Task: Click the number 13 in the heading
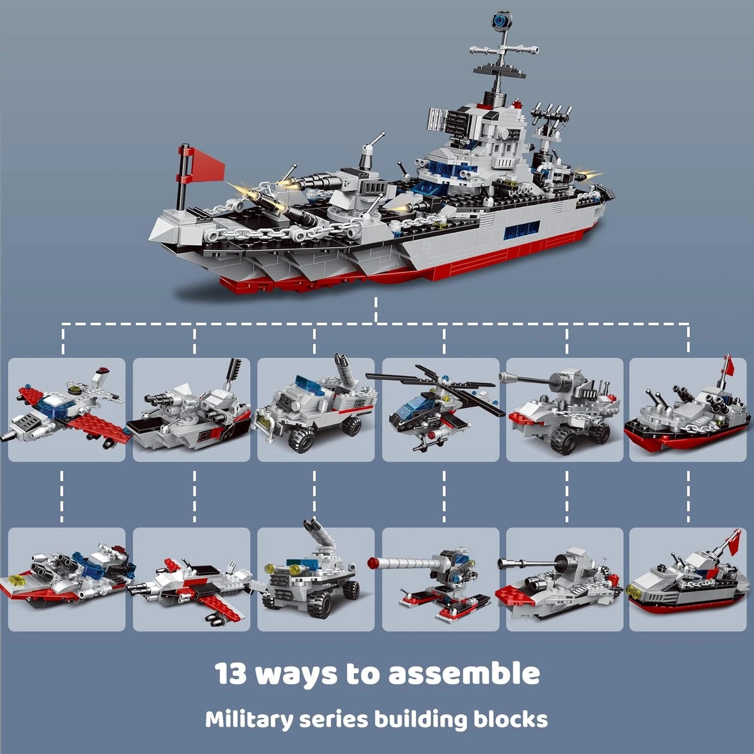(231, 674)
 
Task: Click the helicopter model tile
(440, 409)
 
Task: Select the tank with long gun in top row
(564, 409)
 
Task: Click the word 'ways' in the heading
(297, 674)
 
